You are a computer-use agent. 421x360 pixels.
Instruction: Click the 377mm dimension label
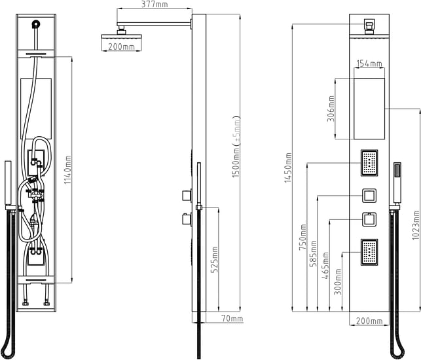tap(155, 5)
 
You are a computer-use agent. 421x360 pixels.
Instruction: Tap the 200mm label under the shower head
tap(121, 46)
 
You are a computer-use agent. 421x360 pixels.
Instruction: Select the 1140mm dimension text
tap(67, 170)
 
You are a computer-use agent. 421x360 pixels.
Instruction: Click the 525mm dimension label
tap(214, 260)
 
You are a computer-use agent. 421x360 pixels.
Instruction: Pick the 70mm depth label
tap(232, 319)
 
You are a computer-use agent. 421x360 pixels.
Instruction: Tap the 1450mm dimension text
tap(288, 168)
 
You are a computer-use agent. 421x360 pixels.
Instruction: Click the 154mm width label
tap(369, 63)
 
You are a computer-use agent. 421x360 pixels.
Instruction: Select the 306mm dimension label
tap(331, 109)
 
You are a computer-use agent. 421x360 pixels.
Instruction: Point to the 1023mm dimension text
tap(415, 225)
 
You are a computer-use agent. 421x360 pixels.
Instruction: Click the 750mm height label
tap(302, 237)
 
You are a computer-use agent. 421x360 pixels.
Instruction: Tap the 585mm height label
tap(313, 254)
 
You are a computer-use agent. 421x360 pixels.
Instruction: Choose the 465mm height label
tap(325, 266)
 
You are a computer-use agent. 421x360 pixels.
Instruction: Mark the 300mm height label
tap(337, 281)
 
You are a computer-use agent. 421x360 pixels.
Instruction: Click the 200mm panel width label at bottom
tap(369, 321)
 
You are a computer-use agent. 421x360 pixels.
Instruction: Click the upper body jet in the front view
tap(369, 163)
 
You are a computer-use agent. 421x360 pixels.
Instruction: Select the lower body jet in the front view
tap(369, 252)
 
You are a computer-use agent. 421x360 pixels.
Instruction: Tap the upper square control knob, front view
tap(369, 196)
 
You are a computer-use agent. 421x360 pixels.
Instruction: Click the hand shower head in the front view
tap(397, 183)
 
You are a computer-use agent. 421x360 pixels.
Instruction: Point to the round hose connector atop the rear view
tap(36, 24)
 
